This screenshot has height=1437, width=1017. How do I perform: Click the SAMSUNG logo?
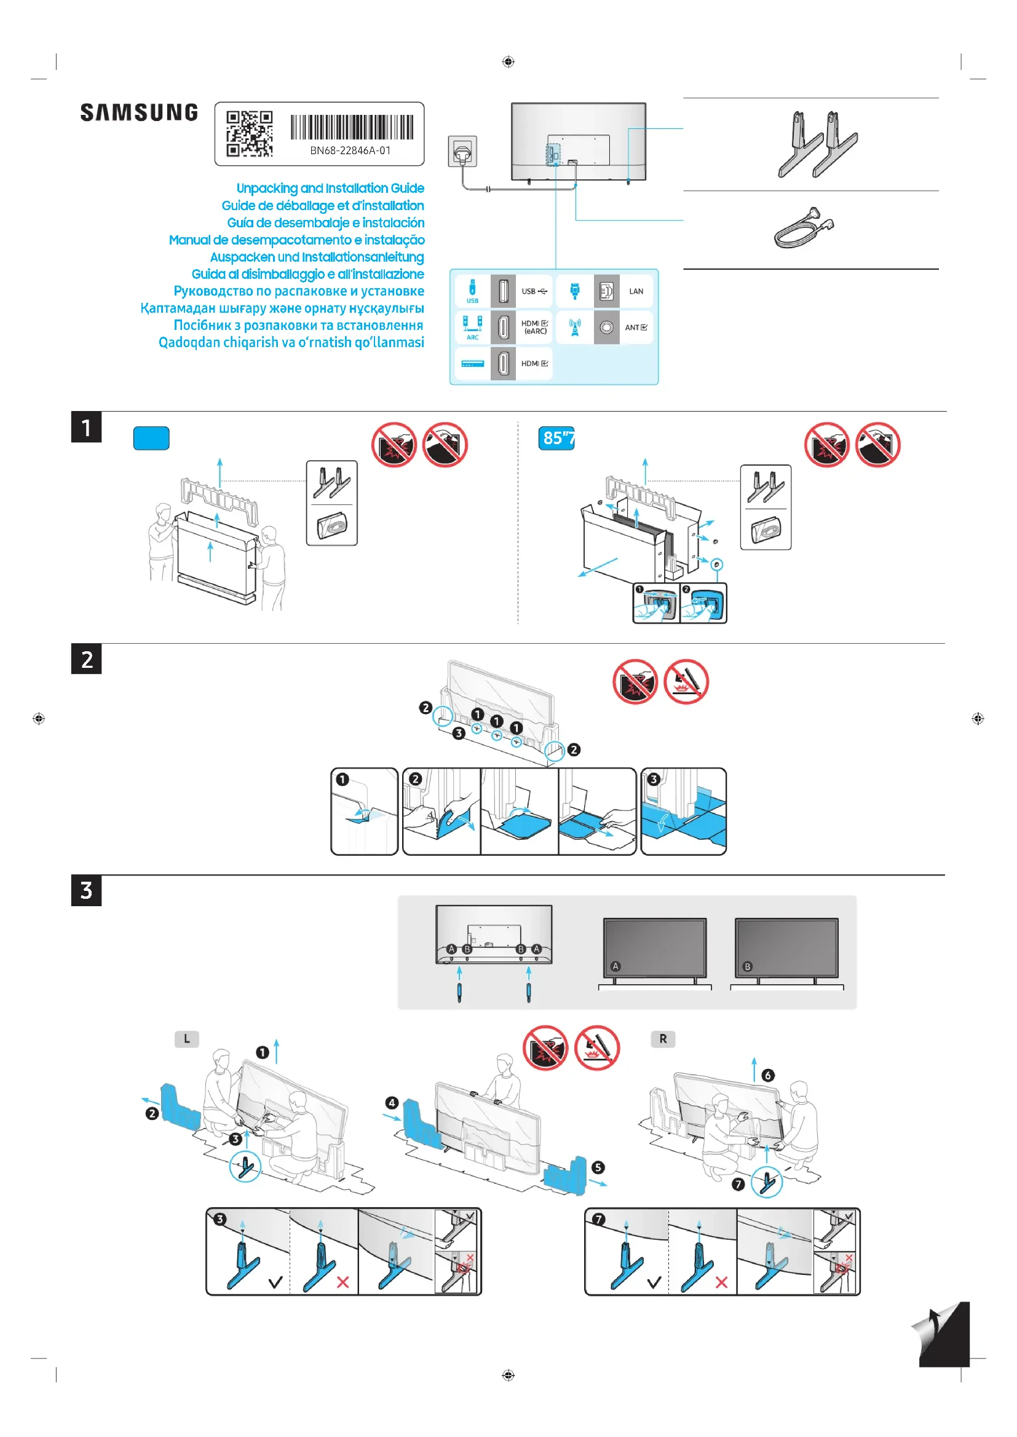coord(139,112)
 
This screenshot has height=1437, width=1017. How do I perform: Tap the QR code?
coord(249,133)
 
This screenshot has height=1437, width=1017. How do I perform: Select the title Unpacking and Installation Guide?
coord(330,189)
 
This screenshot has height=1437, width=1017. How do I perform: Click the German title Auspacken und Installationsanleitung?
coord(317,257)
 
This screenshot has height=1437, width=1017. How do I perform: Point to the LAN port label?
coord(636,291)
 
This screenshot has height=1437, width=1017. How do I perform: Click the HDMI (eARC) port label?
coord(534,327)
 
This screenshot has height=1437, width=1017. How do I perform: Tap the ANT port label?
coord(636,327)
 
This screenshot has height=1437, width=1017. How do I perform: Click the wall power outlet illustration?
coord(462,152)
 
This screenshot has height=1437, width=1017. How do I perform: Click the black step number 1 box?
coord(87,427)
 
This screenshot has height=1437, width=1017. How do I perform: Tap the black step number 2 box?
coord(87,659)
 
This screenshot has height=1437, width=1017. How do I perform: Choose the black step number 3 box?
coord(87,890)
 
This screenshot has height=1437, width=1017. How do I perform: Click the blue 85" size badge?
coord(556,438)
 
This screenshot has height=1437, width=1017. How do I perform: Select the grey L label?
coord(187,1039)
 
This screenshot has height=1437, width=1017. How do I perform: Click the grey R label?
coord(663,1039)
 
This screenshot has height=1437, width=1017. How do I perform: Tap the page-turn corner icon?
coord(941,1334)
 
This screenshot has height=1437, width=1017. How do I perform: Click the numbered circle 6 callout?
coord(768,1075)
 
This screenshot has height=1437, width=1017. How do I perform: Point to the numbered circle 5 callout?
coord(598,1167)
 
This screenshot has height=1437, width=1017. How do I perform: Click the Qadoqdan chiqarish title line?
coord(291,343)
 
